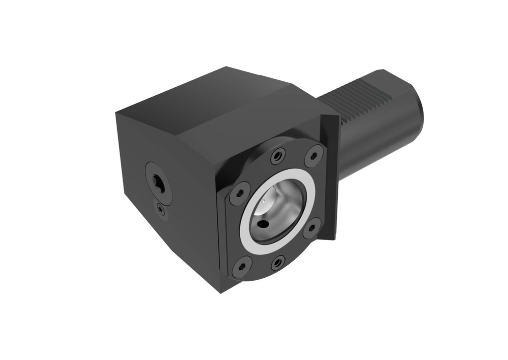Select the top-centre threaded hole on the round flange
click(277, 156)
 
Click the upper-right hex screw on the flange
click(313, 156)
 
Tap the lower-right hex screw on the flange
click(312, 228)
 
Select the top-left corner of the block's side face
click(117, 113)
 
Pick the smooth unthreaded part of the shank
click(377, 144)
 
